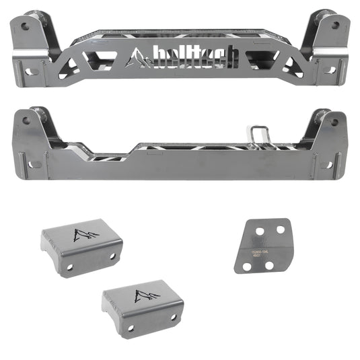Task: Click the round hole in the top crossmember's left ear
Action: click(x=26, y=27)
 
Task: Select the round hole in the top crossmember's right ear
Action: click(x=334, y=26)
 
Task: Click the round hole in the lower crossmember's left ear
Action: click(x=26, y=121)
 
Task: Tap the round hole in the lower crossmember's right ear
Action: click(x=334, y=122)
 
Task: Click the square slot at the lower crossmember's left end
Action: click(x=30, y=164)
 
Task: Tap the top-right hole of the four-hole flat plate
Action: click(x=277, y=229)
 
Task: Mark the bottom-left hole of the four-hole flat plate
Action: click(x=248, y=267)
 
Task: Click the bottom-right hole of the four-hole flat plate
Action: click(x=269, y=265)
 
